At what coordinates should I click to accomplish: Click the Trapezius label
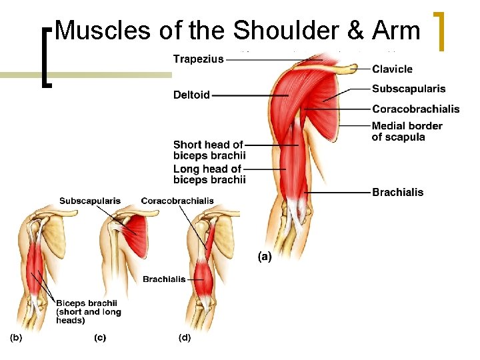click(198, 59)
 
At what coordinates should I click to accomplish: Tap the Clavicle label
click(392, 69)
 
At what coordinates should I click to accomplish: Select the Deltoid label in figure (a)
click(191, 95)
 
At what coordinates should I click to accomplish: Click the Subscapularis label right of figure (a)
click(409, 89)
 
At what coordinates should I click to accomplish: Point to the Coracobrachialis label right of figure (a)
click(415, 109)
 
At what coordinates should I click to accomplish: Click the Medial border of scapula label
click(407, 131)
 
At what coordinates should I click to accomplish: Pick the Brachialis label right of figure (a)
click(397, 192)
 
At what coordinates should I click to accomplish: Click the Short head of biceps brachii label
click(209, 150)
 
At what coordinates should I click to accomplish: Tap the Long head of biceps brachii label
click(209, 175)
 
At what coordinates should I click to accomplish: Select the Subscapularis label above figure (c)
click(90, 200)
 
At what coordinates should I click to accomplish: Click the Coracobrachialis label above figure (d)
click(177, 200)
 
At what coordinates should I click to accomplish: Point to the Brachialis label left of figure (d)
click(164, 279)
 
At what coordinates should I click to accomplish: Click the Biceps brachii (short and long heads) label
click(88, 311)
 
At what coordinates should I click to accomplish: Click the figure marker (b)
click(15, 337)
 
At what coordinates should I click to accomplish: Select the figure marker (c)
click(99, 337)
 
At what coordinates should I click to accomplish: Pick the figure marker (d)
click(184, 337)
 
